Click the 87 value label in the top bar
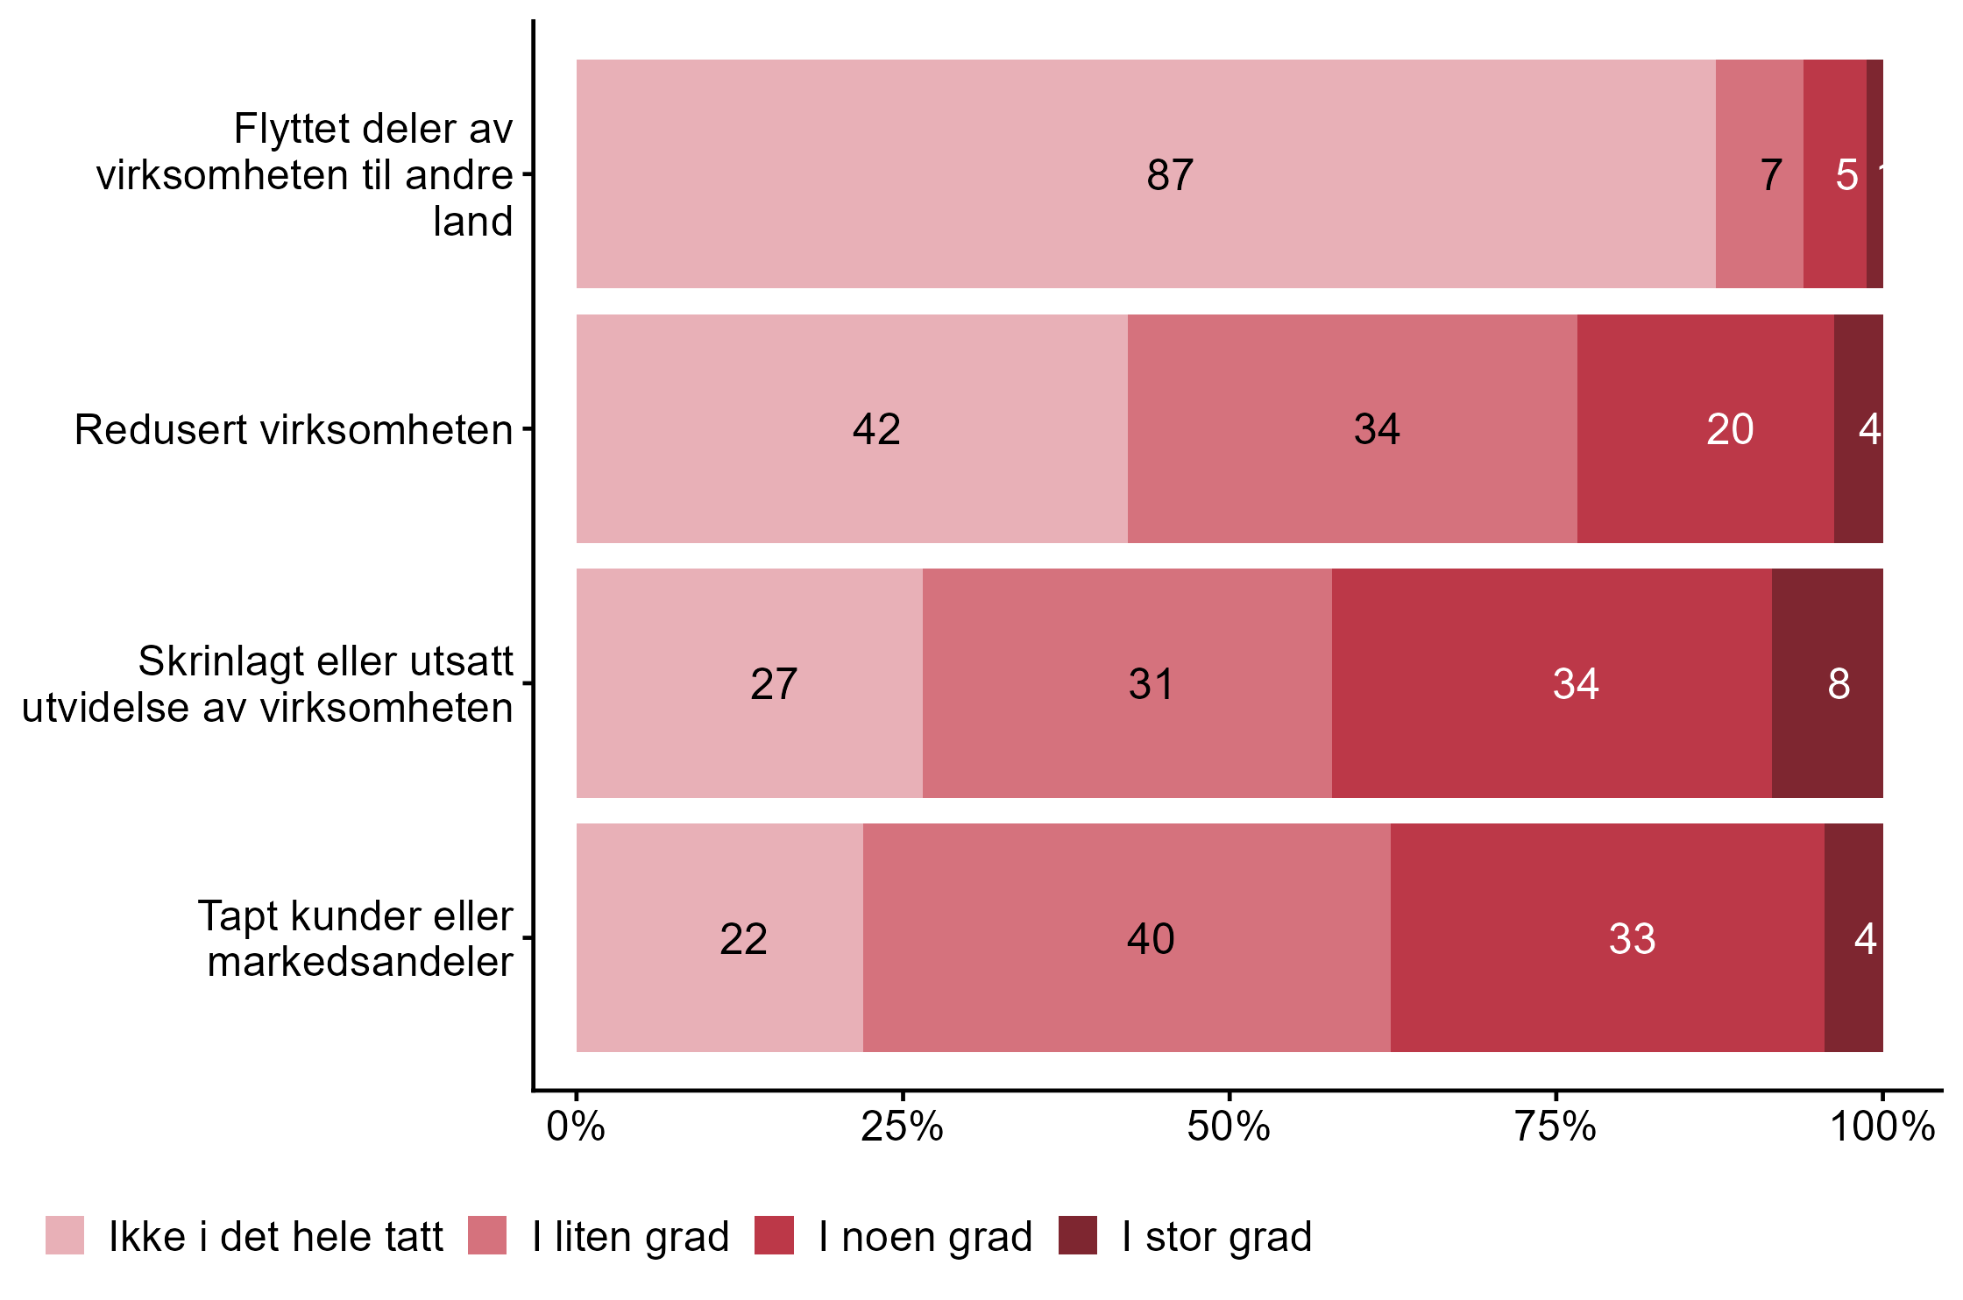pos(1169,175)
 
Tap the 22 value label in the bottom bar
pos(743,939)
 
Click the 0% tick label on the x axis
pos(576,1127)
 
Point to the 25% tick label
pos(902,1127)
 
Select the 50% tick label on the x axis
pos(1229,1127)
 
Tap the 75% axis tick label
pos(1556,1127)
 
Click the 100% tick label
pos(1882,1127)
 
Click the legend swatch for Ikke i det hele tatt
pos(65,1235)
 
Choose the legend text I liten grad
pos(630,1237)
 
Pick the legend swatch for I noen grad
pos(774,1235)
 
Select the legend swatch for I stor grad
pos(1077,1235)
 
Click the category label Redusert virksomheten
pos(294,429)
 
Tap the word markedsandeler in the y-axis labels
pos(360,962)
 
